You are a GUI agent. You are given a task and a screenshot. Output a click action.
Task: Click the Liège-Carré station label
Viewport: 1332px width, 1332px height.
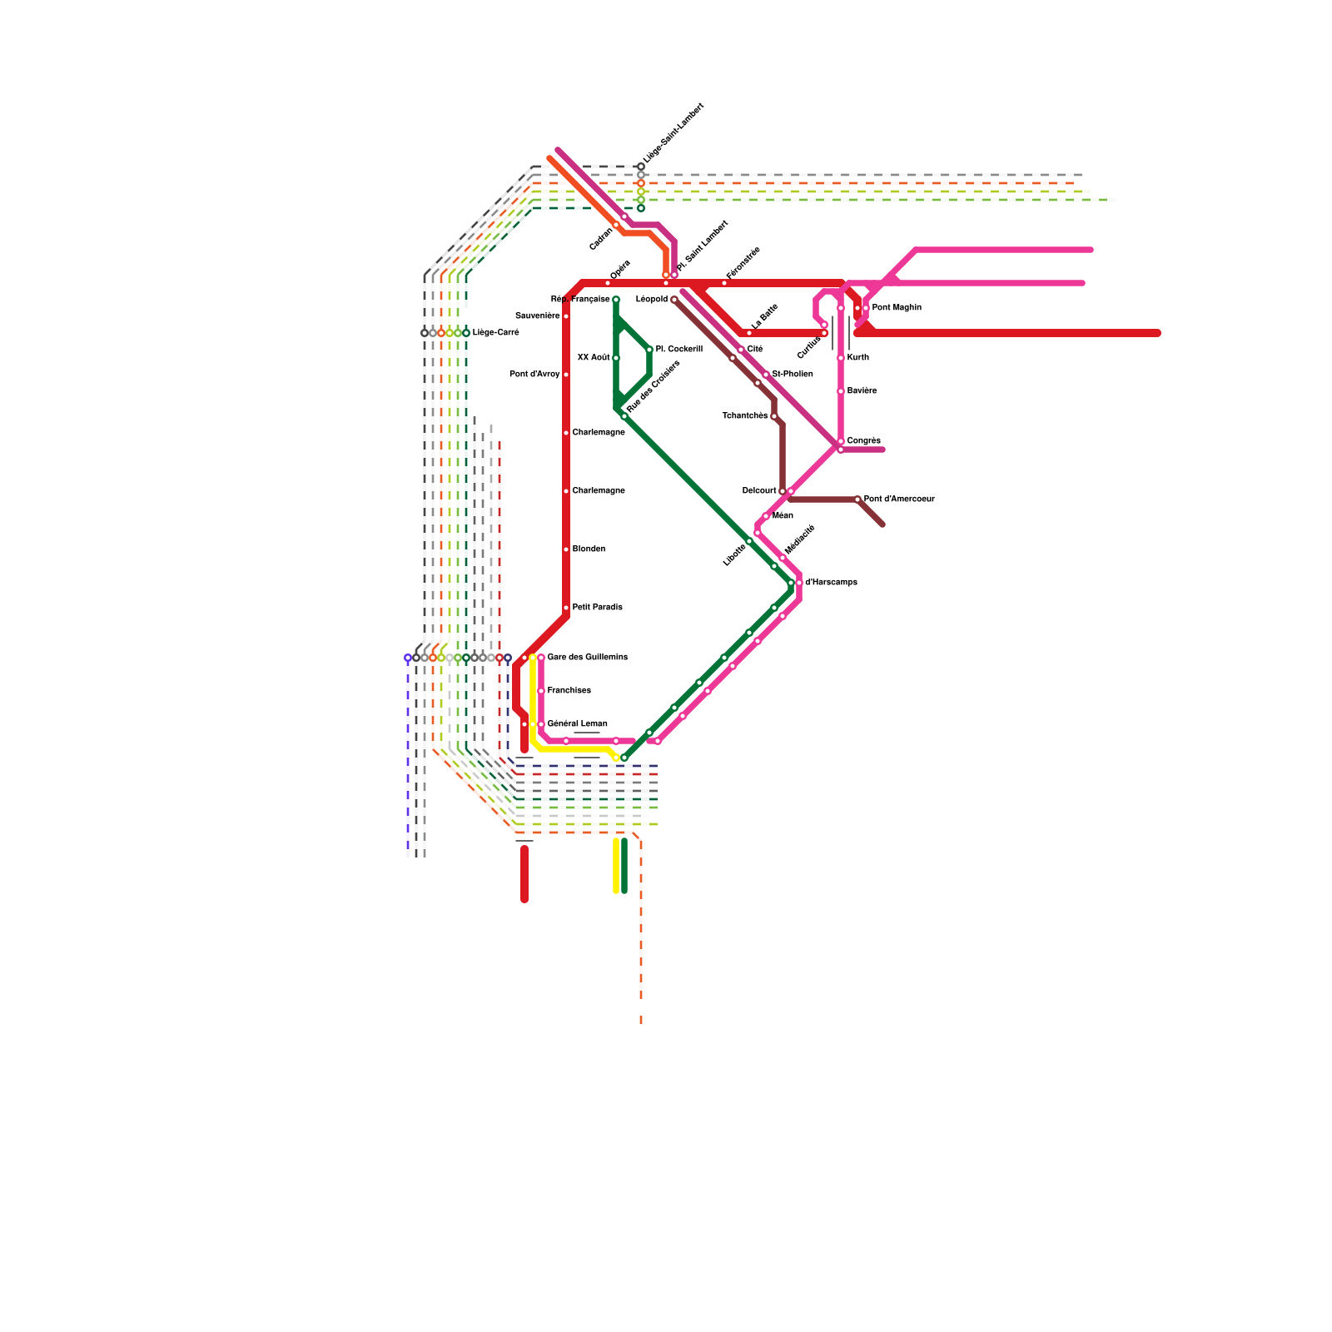point(495,333)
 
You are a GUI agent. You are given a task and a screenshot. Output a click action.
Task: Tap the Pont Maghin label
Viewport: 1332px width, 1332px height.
point(897,308)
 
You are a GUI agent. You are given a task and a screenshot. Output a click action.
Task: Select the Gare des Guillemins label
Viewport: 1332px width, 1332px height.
point(587,658)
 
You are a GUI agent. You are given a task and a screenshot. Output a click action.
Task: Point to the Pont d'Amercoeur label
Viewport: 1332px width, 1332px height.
point(899,499)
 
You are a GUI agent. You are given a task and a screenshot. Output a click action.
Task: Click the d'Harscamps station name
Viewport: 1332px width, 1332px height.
point(831,583)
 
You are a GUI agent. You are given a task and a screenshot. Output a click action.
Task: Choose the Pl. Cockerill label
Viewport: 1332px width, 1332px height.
point(678,350)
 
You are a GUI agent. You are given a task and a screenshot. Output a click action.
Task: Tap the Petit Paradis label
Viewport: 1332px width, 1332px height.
point(597,608)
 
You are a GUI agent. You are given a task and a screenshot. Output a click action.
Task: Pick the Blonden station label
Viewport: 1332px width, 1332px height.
point(589,549)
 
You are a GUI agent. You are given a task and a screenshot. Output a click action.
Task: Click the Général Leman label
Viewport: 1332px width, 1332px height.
point(577,724)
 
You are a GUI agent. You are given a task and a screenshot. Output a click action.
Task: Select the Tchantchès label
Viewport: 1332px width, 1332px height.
point(744,416)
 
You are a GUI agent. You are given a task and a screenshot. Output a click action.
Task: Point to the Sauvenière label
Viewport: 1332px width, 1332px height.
point(537,316)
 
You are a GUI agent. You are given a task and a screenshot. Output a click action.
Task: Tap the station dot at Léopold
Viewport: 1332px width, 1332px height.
point(674,300)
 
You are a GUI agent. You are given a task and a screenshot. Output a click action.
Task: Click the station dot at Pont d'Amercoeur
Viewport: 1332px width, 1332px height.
point(857,499)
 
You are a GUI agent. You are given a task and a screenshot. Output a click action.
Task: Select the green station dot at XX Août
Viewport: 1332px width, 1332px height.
point(616,358)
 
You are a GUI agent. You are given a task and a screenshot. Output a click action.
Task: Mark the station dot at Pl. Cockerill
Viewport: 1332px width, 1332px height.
point(649,350)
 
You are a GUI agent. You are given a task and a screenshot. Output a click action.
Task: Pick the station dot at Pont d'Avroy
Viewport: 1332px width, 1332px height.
point(566,375)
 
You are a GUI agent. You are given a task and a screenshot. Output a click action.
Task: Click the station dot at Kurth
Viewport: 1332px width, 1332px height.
point(841,358)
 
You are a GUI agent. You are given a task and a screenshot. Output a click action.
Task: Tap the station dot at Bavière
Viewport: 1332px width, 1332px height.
point(841,391)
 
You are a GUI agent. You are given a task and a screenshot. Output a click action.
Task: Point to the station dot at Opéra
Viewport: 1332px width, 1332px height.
point(608,283)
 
